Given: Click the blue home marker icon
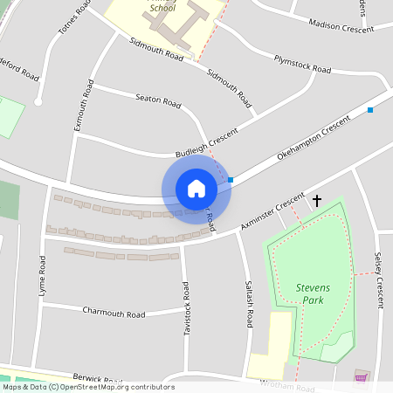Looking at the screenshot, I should coord(196,189).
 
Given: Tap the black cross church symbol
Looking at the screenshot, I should coord(316,201).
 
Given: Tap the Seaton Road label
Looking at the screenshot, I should coord(158,102).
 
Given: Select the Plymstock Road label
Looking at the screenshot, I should coord(302,64).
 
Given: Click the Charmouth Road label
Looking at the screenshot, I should coord(114,312).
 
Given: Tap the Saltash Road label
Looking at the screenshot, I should coord(250,305).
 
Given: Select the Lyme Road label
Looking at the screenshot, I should coord(42,276).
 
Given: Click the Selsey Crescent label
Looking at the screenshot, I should coord(379,280).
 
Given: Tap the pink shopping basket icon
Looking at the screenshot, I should coord(361,377).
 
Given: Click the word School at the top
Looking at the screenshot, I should coord(162,8).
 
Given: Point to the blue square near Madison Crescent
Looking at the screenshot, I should coord(370,110).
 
